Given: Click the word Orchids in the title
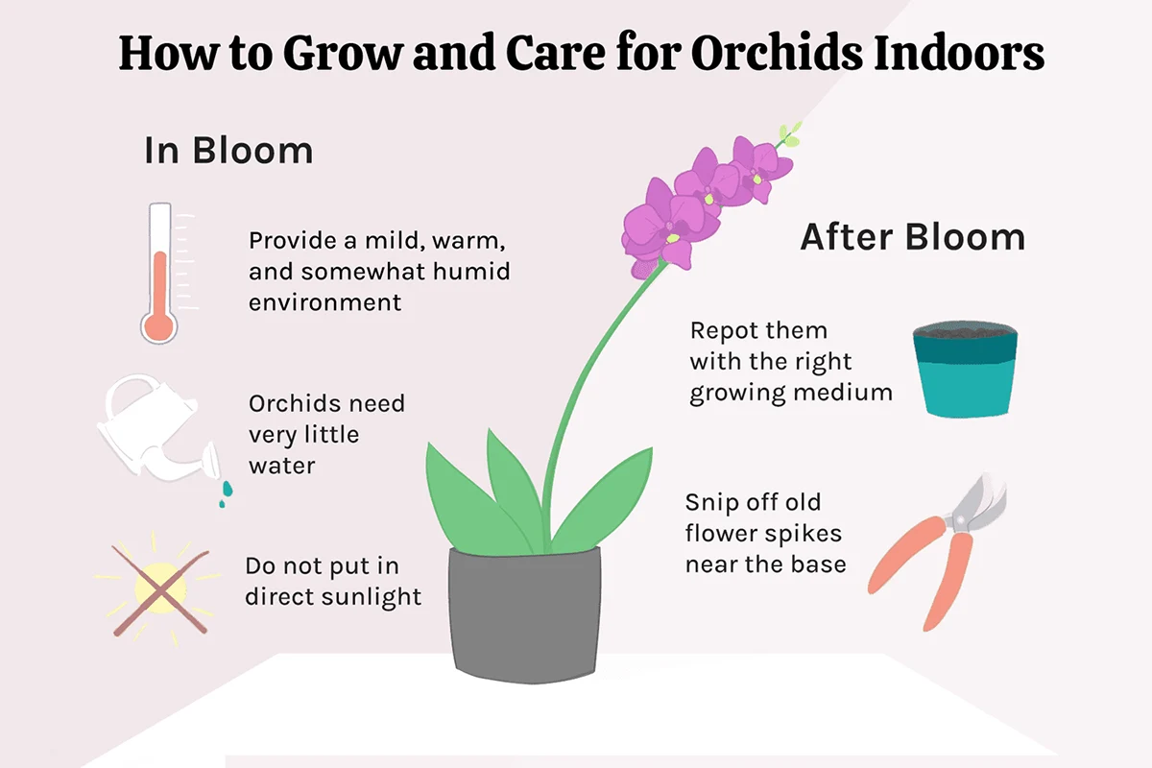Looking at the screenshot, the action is tap(777, 54).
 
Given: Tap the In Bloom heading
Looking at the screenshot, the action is tap(228, 151).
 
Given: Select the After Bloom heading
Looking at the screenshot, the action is tap(913, 237).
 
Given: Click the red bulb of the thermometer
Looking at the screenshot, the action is tap(159, 326).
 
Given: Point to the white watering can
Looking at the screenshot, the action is tap(155, 428).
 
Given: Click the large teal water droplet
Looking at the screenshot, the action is tap(228, 489).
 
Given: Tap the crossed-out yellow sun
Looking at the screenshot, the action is tap(160, 589).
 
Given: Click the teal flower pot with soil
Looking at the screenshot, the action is tap(966, 370).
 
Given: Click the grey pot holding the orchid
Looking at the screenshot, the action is tap(524, 615).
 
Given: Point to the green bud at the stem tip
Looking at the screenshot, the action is tap(790, 134).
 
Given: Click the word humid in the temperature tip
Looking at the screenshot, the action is tap(471, 272).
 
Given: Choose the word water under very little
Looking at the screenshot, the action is tap(282, 467).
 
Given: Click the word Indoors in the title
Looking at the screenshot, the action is tap(959, 54).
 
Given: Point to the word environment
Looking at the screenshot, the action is tap(324, 303).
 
